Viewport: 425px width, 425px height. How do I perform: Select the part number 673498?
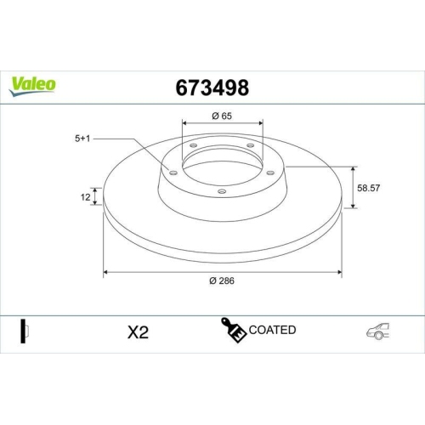211,88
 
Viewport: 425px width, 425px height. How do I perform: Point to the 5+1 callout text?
82,135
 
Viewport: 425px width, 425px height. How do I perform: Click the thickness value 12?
85,197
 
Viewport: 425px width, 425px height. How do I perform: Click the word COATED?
273,330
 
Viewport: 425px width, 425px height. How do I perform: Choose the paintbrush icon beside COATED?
235,331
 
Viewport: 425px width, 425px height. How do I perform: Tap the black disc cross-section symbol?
24,331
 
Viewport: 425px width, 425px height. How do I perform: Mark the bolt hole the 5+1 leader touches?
173,173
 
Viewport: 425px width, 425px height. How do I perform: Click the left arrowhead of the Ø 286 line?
105,273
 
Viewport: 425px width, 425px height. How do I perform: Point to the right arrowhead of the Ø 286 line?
341,273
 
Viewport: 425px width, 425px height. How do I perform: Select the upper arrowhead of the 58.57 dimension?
351,167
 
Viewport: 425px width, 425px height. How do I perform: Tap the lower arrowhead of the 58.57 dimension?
351,207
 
